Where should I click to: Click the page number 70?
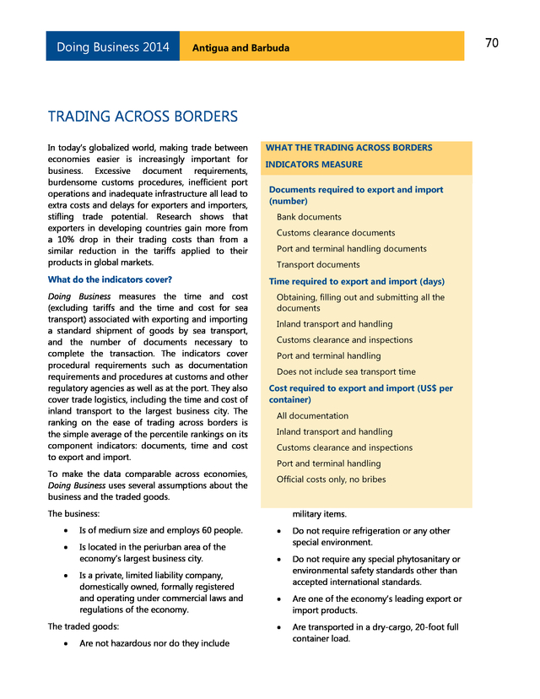[492, 44]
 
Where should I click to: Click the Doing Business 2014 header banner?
[113, 47]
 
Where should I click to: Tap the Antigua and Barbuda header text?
[240, 48]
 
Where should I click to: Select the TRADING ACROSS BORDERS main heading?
[143, 116]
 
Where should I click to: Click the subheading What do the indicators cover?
[110, 279]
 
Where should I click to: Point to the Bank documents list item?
[309, 217]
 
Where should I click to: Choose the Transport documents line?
[318, 264]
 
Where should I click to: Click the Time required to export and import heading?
[356, 281]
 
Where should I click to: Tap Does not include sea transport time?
[346, 371]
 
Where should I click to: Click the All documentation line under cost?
[312, 415]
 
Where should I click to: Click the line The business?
[73, 513]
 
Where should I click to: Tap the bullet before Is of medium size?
[67, 531]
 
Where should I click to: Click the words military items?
[319, 513]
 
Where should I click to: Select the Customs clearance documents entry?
[336, 233]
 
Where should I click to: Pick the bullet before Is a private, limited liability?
[67, 576]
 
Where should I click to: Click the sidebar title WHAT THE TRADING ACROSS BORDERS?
[348, 148]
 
